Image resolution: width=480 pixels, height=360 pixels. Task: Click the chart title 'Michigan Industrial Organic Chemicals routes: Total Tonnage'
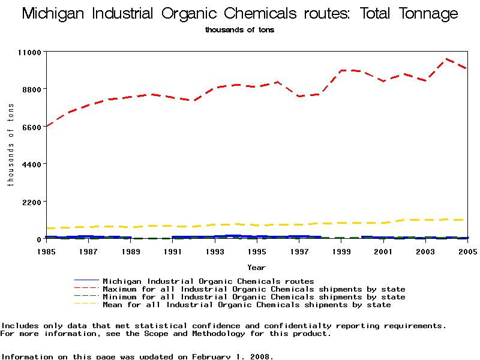pyautogui.click(x=239, y=14)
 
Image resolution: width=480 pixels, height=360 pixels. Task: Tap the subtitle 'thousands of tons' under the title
pyautogui.click(x=239, y=30)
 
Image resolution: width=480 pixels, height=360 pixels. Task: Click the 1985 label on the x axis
pyautogui.click(x=46, y=251)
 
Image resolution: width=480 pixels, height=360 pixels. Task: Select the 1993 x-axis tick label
pyautogui.click(x=215, y=251)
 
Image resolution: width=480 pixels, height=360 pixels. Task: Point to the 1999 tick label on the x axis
pyautogui.click(x=341, y=251)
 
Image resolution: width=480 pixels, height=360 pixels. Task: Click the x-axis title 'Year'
pyautogui.click(x=256, y=268)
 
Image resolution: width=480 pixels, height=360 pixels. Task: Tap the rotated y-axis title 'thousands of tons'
pyautogui.click(x=10, y=144)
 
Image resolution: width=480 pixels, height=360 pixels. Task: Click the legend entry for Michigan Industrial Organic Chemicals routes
pyautogui.click(x=208, y=281)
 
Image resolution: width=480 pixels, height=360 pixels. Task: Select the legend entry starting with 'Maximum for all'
pyautogui.click(x=254, y=289)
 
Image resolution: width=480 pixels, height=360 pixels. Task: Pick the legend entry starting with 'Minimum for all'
pyautogui.click(x=254, y=297)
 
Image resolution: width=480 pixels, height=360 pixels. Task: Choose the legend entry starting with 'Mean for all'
pyautogui.click(x=247, y=305)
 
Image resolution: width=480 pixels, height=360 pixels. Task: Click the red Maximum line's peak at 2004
pyautogui.click(x=446, y=60)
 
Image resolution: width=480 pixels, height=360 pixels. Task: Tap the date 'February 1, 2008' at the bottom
pyautogui.click(x=232, y=356)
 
